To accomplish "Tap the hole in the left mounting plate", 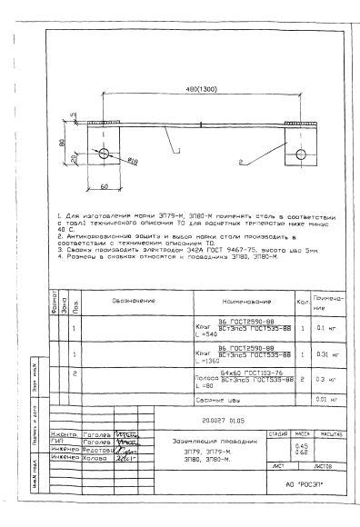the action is (105, 152).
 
